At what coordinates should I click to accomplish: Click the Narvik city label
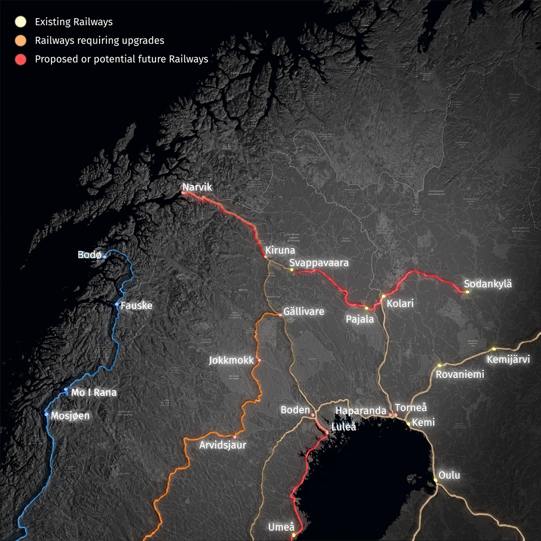point(197,187)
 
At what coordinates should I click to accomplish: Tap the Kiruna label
point(280,250)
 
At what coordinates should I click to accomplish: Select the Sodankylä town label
point(488,284)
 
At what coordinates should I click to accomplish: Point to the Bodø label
point(89,255)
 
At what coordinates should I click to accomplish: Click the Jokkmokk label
point(231,361)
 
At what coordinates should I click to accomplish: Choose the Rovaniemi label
point(460,374)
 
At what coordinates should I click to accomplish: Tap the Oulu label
point(449,475)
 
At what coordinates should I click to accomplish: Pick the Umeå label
point(281,527)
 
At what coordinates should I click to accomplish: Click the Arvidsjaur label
point(223,445)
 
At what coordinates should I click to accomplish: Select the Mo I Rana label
point(94,393)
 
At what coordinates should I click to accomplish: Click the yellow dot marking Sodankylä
point(468,292)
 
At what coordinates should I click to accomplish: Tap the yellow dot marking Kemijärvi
point(494,348)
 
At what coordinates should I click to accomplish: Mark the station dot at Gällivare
point(280,315)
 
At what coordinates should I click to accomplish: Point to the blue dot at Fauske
point(117,304)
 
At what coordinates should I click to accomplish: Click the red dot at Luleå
point(327,433)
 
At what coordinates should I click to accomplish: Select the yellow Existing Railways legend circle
point(20,22)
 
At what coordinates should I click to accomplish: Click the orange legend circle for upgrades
point(20,41)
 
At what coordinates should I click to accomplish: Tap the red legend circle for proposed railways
point(20,59)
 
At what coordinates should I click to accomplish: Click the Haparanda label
point(361,411)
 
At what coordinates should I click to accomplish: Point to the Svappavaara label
point(319,262)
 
